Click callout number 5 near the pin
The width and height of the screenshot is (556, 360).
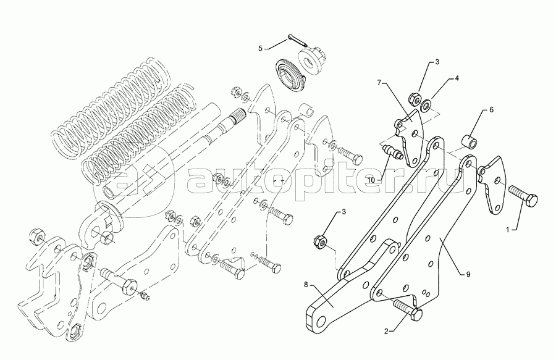pos(261,48)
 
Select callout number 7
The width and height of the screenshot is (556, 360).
pos(379,83)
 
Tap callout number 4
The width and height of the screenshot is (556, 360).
pos(457,78)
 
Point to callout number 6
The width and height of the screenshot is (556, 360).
pos(492,109)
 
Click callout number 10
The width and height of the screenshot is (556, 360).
pos(371,180)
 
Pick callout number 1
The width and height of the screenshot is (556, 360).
pos(507,230)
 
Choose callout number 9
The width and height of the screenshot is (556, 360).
pos(468,274)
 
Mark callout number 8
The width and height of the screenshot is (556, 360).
pos(305,284)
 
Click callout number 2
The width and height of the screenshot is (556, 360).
pos(386,332)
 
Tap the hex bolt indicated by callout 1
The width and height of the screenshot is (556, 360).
pos(523,197)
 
